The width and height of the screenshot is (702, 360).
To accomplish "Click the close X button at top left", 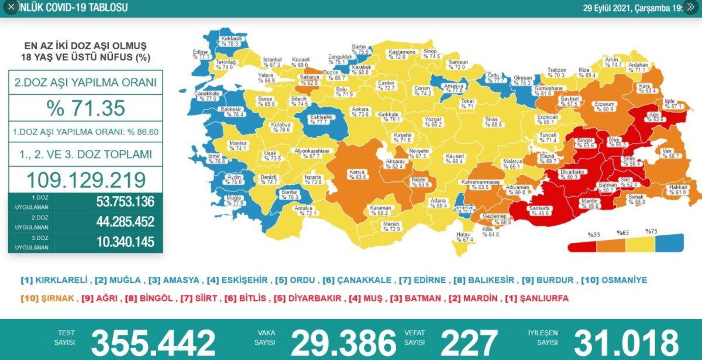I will (x=11, y=8).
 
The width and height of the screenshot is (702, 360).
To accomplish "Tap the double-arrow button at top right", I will (x=691, y=8).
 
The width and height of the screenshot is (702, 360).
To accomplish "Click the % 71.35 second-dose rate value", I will (x=85, y=108).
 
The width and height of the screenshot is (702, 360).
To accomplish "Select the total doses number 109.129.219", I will (x=85, y=180).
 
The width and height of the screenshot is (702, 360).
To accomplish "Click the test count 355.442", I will (x=153, y=342).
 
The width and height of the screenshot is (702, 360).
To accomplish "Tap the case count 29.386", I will (x=343, y=342).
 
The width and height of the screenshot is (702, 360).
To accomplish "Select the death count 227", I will (x=470, y=342).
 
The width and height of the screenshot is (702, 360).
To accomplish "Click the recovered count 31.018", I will (x=626, y=342).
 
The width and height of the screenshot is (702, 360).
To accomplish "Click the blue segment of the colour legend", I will (x=670, y=243).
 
